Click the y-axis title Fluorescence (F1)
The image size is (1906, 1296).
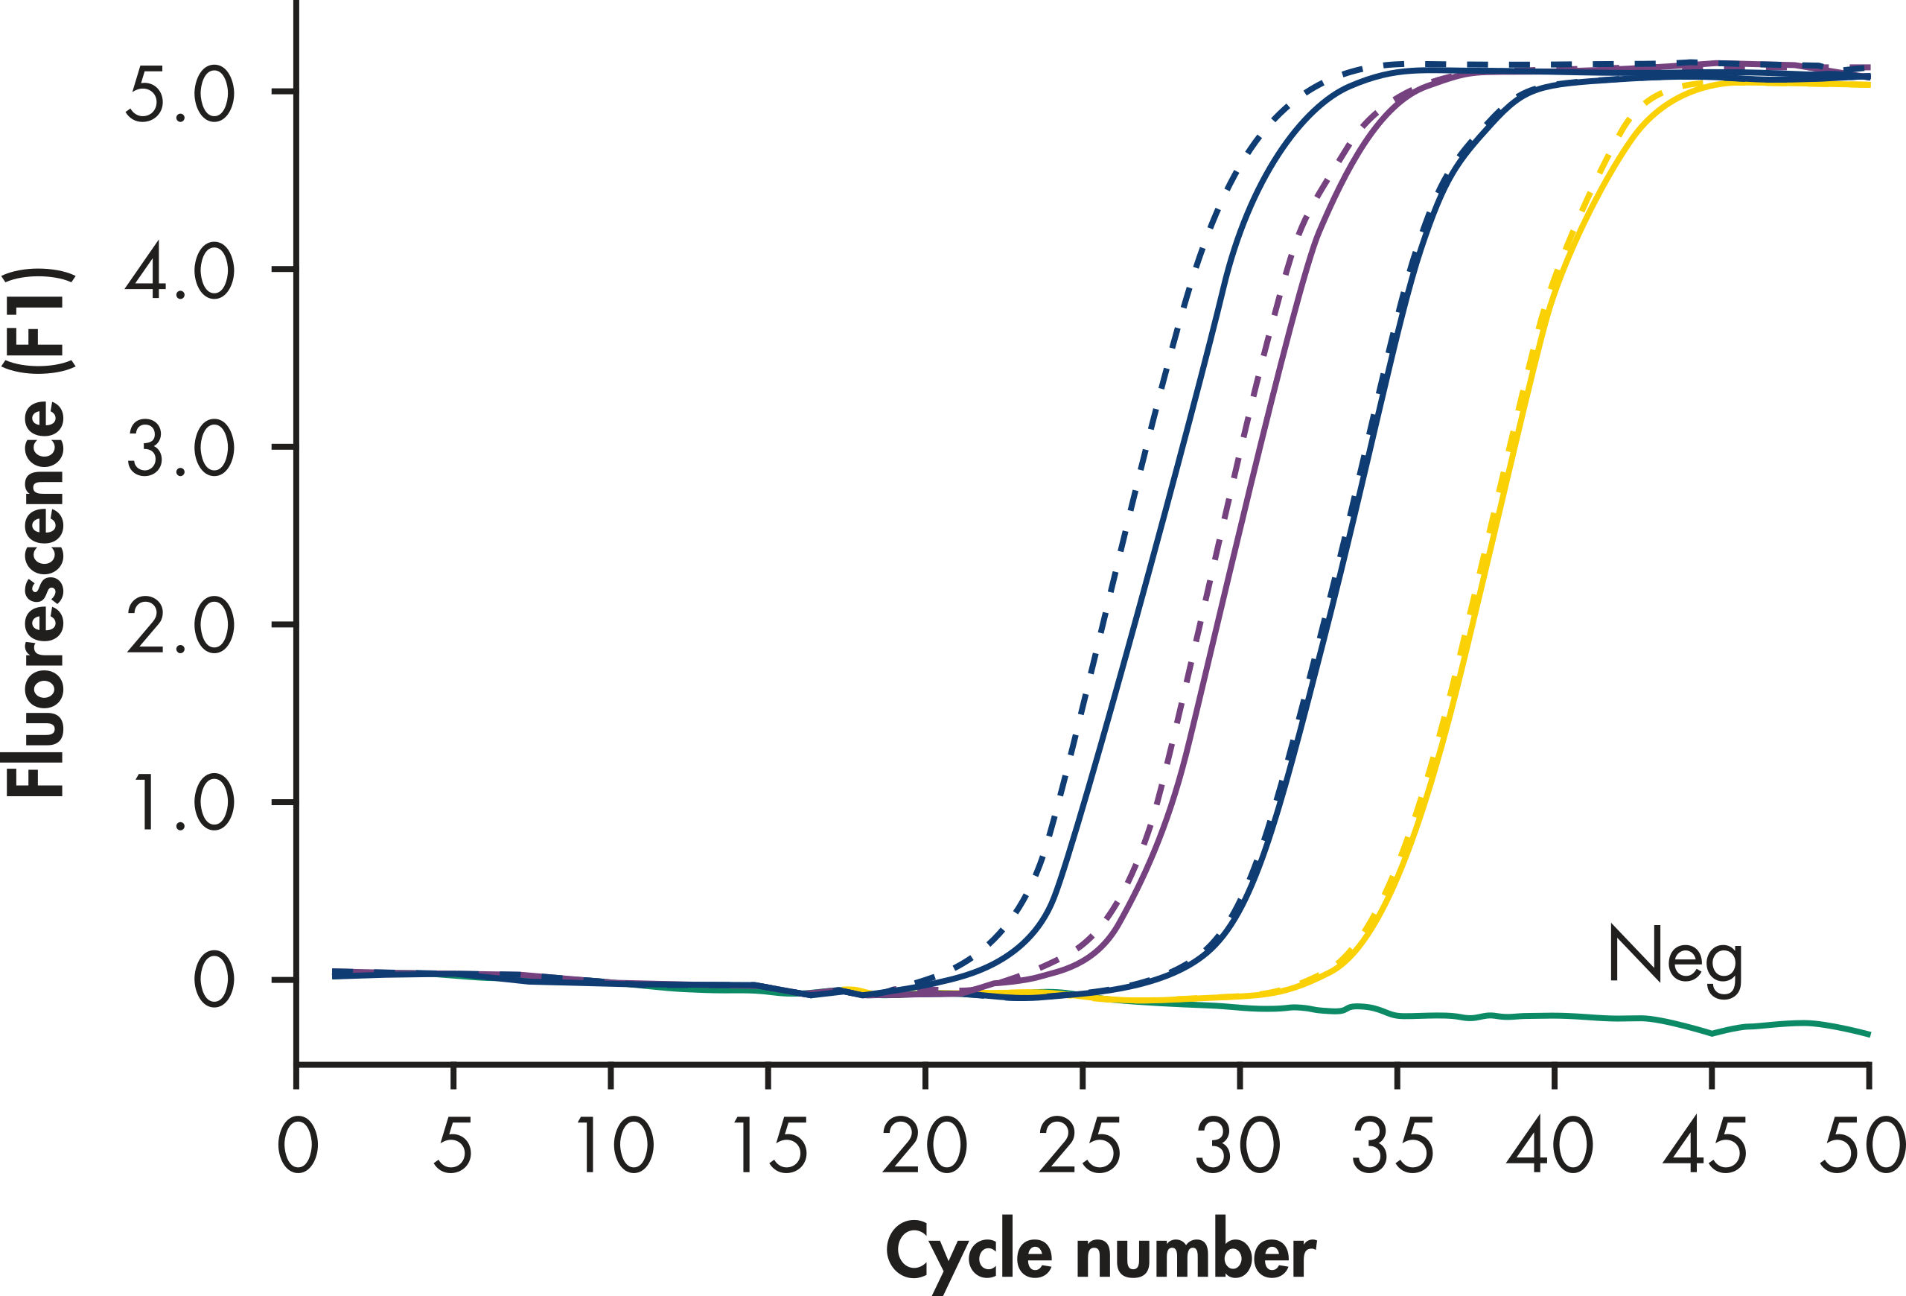37,533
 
